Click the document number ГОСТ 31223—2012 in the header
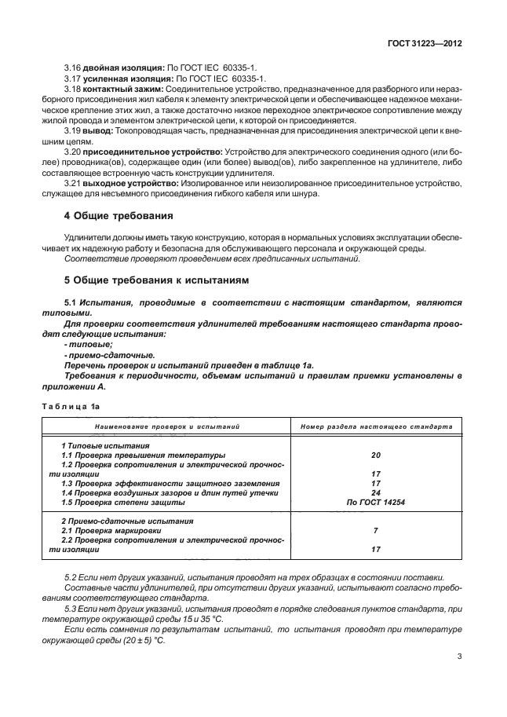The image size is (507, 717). (x=424, y=44)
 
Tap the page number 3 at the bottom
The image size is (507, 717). (x=458, y=679)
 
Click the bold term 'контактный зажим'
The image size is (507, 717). (x=120, y=90)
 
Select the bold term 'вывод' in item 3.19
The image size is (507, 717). (x=97, y=133)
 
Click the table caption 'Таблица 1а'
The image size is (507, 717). (x=71, y=406)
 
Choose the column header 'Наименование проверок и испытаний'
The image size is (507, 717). (x=167, y=427)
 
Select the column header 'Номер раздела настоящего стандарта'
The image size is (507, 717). (x=376, y=427)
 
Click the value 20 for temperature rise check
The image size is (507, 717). (x=375, y=455)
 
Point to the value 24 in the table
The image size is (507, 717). (x=375, y=492)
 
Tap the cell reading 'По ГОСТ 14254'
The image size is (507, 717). (x=375, y=502)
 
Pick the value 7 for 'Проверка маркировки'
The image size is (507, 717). (x=375, y=530)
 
